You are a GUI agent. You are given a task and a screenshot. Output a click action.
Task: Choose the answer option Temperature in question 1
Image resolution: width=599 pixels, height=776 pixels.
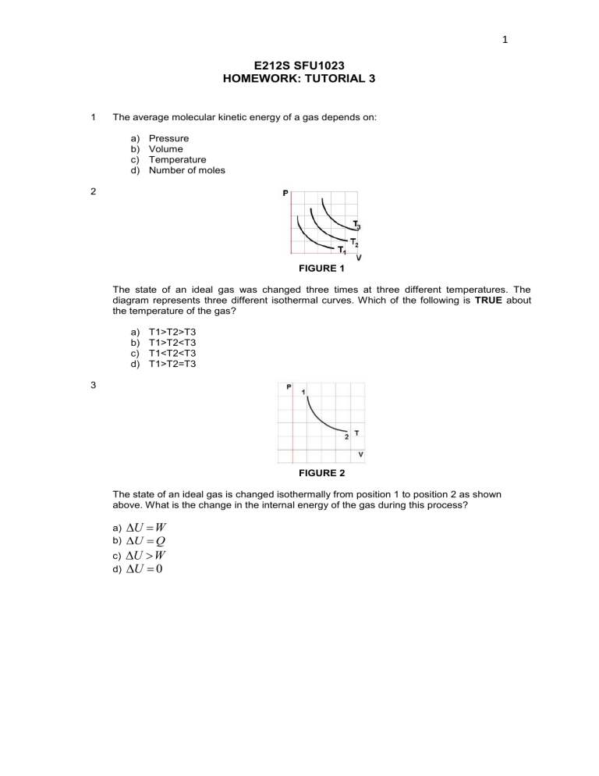177,159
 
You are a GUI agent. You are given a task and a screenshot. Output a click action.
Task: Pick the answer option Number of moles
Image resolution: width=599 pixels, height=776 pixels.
186,170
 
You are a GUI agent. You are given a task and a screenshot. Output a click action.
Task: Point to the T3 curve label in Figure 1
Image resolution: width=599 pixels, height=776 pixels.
356,225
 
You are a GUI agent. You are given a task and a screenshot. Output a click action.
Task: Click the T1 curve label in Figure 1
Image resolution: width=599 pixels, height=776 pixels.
342,250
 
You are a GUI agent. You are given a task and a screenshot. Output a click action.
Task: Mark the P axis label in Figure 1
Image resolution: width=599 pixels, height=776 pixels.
286,193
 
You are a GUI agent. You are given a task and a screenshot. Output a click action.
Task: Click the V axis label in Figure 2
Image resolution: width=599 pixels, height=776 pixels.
360,454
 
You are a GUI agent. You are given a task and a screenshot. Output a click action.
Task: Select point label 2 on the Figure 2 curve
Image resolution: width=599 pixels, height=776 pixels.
346,436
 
